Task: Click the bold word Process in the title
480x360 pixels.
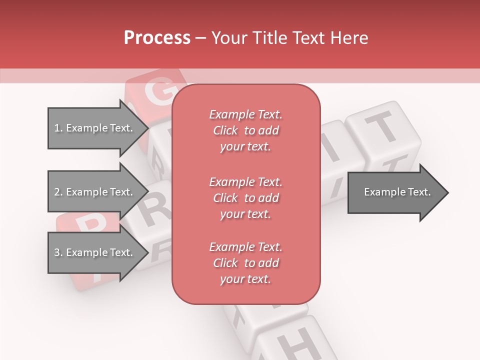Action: coord(157,37)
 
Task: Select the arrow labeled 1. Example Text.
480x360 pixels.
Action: coord(94,128)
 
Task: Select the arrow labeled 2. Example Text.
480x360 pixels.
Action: coord(94,192)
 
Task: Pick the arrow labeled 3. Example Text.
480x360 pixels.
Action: coord(94,252)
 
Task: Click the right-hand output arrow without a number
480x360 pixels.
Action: coord(395,192)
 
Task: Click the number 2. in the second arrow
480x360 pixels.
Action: coord(58,192)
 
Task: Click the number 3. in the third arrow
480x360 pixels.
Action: coord(58,252)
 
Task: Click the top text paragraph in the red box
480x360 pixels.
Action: coord(245,130)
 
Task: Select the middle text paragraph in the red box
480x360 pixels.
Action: coord(245,198)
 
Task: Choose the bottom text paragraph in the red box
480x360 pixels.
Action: coord(245,263)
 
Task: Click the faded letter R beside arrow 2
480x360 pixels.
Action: coord(156,210)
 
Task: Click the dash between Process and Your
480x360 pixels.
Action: coord(201,38)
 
